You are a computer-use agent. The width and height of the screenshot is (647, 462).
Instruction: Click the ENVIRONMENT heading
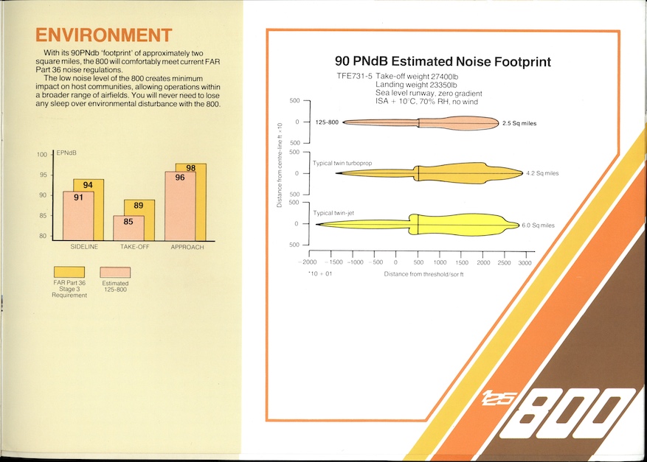(103, 35)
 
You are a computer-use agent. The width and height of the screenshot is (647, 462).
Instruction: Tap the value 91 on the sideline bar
(78, 197)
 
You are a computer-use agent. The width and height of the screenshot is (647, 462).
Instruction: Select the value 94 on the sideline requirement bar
(88, 185)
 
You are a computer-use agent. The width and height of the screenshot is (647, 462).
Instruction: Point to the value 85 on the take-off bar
(128, 222)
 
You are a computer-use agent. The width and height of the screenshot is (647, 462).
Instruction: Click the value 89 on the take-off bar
(139, 206)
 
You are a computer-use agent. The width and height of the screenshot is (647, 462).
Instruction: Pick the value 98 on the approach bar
(190, 168)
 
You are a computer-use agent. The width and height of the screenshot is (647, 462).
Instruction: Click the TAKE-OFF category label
(134, 247)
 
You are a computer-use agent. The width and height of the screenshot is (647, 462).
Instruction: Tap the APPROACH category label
(187, 248)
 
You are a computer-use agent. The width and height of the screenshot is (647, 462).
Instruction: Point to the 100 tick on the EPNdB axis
(42, 155)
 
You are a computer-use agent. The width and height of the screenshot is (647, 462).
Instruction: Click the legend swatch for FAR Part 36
(69, 272)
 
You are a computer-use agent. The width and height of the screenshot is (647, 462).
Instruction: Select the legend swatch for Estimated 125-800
(115, 272)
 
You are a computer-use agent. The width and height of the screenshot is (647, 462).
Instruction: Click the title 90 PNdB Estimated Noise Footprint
(443, 62)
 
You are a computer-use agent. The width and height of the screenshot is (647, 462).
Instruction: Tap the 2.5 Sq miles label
(519, 123)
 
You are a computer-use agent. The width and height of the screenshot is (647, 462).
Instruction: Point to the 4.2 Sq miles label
(542, 173)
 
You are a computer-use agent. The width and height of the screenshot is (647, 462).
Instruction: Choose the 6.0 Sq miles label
(538, 225)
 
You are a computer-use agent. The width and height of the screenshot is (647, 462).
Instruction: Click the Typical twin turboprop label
(342, 163)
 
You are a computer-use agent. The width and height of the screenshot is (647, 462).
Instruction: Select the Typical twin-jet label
(333, 213)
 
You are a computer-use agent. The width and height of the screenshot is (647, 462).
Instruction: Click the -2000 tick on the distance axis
(308, 262)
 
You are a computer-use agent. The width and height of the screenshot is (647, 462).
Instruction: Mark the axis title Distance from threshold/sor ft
(423, 274)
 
